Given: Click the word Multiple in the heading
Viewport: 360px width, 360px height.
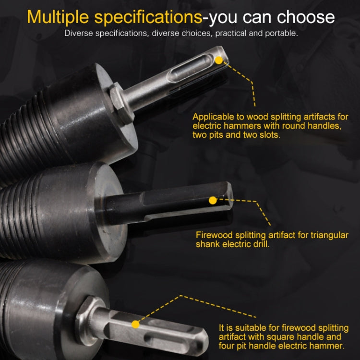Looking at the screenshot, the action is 58,17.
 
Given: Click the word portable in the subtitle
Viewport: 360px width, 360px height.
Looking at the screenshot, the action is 281,33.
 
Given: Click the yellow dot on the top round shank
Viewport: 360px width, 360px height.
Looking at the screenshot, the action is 219,60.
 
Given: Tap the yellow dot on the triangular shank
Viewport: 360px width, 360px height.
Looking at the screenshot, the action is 213,200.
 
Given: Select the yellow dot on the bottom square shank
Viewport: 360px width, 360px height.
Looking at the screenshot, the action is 135,324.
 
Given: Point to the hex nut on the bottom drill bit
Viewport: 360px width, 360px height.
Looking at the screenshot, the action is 88,322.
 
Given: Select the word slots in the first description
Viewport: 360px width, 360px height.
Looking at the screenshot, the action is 270,135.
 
